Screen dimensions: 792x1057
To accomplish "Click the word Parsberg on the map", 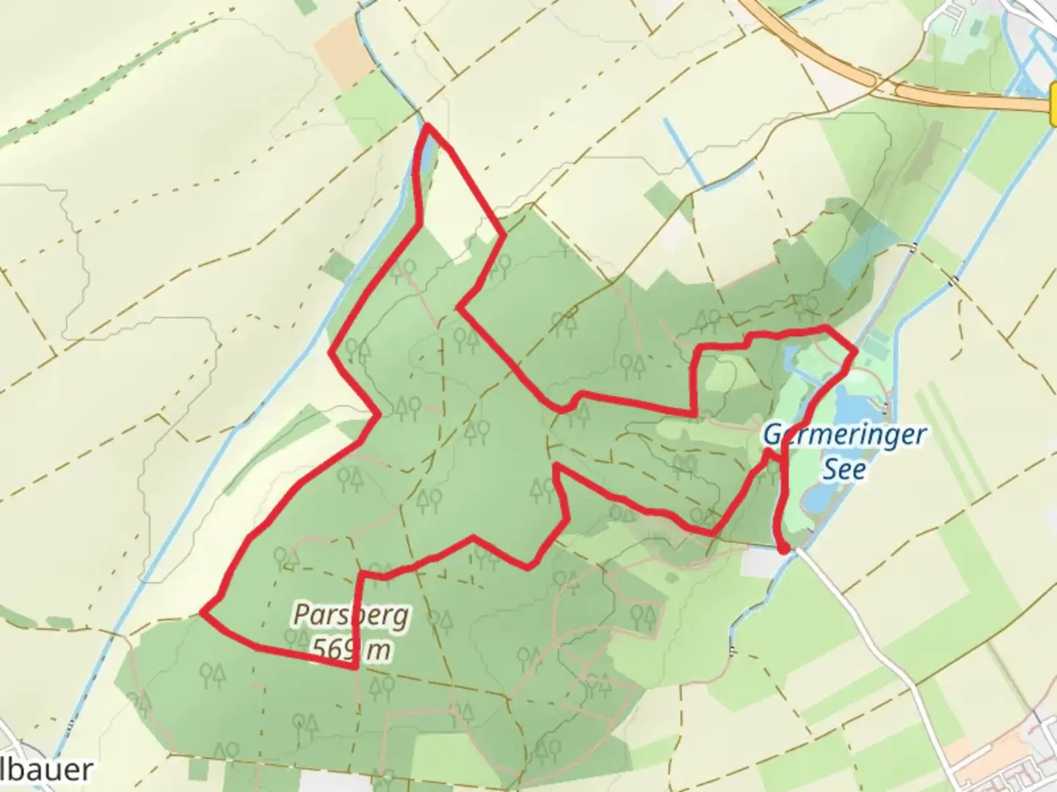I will tap(351, 615).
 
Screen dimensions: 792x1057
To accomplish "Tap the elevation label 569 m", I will tap(351, 650).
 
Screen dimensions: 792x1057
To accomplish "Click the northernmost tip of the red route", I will tap(426, 127).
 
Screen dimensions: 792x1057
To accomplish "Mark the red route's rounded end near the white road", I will tap(784, 547).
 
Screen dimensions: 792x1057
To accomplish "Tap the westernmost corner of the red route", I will tap(203, 610).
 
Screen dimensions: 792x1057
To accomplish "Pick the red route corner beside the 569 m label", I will tap(356, 667).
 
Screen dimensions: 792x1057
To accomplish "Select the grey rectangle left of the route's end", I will tap(759, 562).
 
